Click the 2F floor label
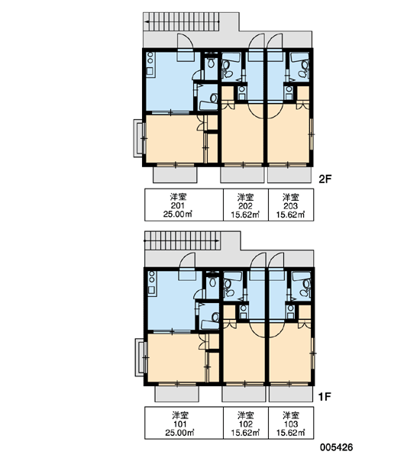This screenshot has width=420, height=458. click(325, 179)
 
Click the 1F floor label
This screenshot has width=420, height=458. click(325, 397)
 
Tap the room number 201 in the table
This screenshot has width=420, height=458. click(178, 205)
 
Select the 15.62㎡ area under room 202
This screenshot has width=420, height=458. click(246, 214)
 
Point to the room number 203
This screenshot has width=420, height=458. click(290, 206)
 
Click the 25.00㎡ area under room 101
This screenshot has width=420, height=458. click(180, 433)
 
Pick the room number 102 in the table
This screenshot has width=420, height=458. click(246, 424)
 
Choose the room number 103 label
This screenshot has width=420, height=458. click(291, 424)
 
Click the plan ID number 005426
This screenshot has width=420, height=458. click(337, 447)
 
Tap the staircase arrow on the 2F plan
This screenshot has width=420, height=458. click(182, 21)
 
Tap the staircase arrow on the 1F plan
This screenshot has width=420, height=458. click(182, 240)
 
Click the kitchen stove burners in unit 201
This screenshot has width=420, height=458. click(150, 58)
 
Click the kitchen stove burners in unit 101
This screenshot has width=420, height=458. click(152, 277)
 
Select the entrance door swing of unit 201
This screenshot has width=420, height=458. click(185, 41)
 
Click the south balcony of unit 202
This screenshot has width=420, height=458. click(241, 175)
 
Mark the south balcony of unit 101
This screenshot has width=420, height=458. click(177, 394)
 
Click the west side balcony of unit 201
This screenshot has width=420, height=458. click(138, 138)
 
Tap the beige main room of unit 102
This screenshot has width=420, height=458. click(244, 352)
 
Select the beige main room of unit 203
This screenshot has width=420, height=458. click(289, 134)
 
